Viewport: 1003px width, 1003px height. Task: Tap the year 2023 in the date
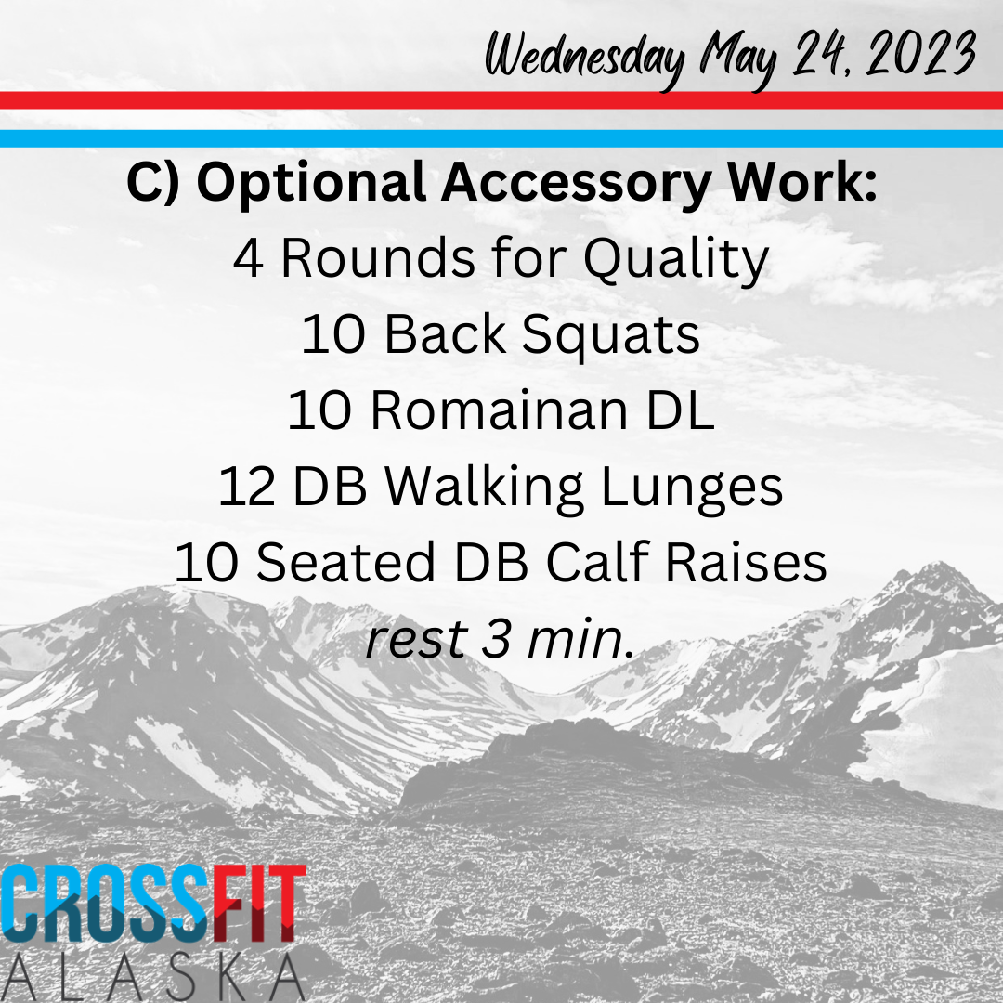point(921,54)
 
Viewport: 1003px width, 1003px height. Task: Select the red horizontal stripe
point(501,100)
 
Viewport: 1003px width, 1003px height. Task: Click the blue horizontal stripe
point(501,138)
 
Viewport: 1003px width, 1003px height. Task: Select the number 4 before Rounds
point(248,258)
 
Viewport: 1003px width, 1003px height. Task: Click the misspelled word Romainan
point(499,410)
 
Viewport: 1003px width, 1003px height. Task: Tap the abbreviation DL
point(680,410)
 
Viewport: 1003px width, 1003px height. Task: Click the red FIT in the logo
point(259,904)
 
